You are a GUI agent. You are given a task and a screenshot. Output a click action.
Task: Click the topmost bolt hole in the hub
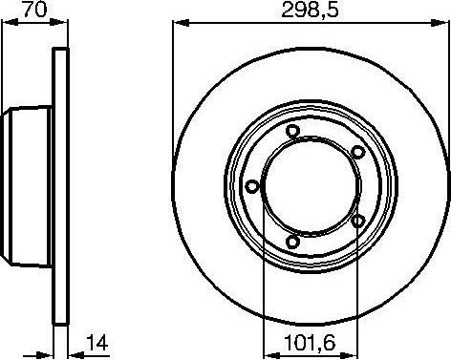(x=292, y=134)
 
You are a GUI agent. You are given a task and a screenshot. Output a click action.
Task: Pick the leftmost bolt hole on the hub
(x=251, y=187)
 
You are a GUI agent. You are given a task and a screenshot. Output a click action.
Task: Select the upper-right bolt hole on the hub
(x=357, y=153)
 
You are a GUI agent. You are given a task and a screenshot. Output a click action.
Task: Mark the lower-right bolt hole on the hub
(x=357, y=222)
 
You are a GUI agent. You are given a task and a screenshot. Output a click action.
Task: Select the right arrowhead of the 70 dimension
(x=64, y=24)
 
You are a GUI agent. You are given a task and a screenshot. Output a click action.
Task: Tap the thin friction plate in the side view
(x=59, y=187)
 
